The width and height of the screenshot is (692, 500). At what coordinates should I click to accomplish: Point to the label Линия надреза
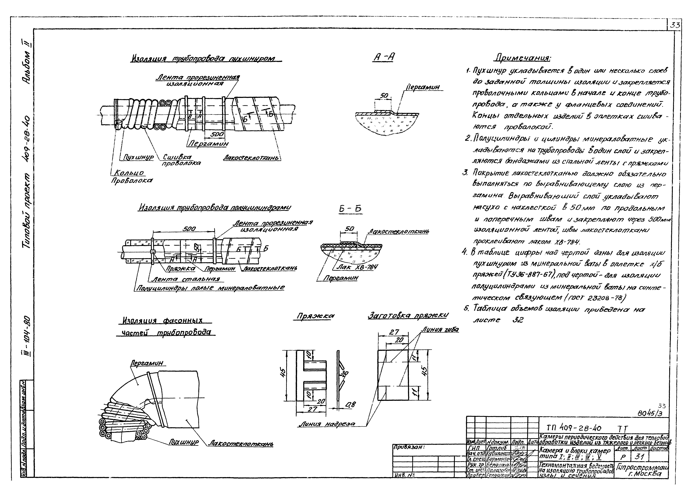click(327, 424)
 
